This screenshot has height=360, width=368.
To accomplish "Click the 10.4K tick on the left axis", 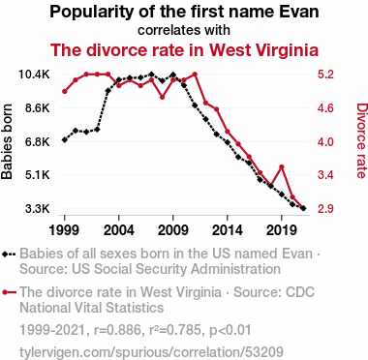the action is coord(34,75).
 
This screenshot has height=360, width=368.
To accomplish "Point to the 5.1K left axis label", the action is coord(38,175).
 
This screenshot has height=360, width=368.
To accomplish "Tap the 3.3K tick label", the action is coord(38,209).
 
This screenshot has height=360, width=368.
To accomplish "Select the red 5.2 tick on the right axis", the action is coord(325,75).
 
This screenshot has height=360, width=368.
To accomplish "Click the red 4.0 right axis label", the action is coord(325,141).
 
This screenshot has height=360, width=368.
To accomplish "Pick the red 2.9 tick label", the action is coord(325,209).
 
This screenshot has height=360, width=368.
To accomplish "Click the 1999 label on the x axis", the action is coord(65,230).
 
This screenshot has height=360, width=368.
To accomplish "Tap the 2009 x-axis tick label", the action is coord(173,230).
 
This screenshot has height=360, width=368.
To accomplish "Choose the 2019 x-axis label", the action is coord(282,230).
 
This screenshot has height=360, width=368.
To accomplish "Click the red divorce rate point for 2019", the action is coord(282,166).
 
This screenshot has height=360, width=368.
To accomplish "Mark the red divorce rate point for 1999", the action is coord(65,91).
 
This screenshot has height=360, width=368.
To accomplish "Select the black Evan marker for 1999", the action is coord(65,140).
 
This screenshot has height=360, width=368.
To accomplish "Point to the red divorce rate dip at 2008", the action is coord(163,97).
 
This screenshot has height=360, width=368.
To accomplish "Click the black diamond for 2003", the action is coord(108,91).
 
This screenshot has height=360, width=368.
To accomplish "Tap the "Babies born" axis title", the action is coord(7,141).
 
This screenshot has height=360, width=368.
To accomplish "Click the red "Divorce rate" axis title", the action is coord(361,140).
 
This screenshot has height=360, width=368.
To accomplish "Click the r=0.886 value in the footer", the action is coord(117,330).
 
